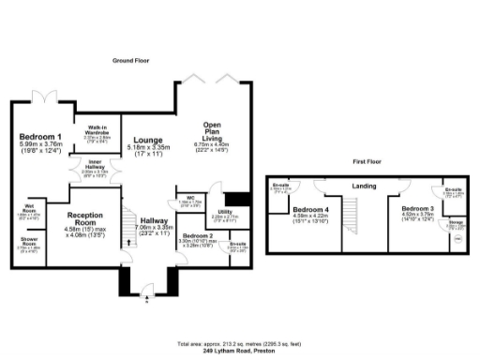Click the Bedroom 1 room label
40,138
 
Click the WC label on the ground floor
190,197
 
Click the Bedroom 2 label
198,235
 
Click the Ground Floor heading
131,59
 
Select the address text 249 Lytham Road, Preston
239,346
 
